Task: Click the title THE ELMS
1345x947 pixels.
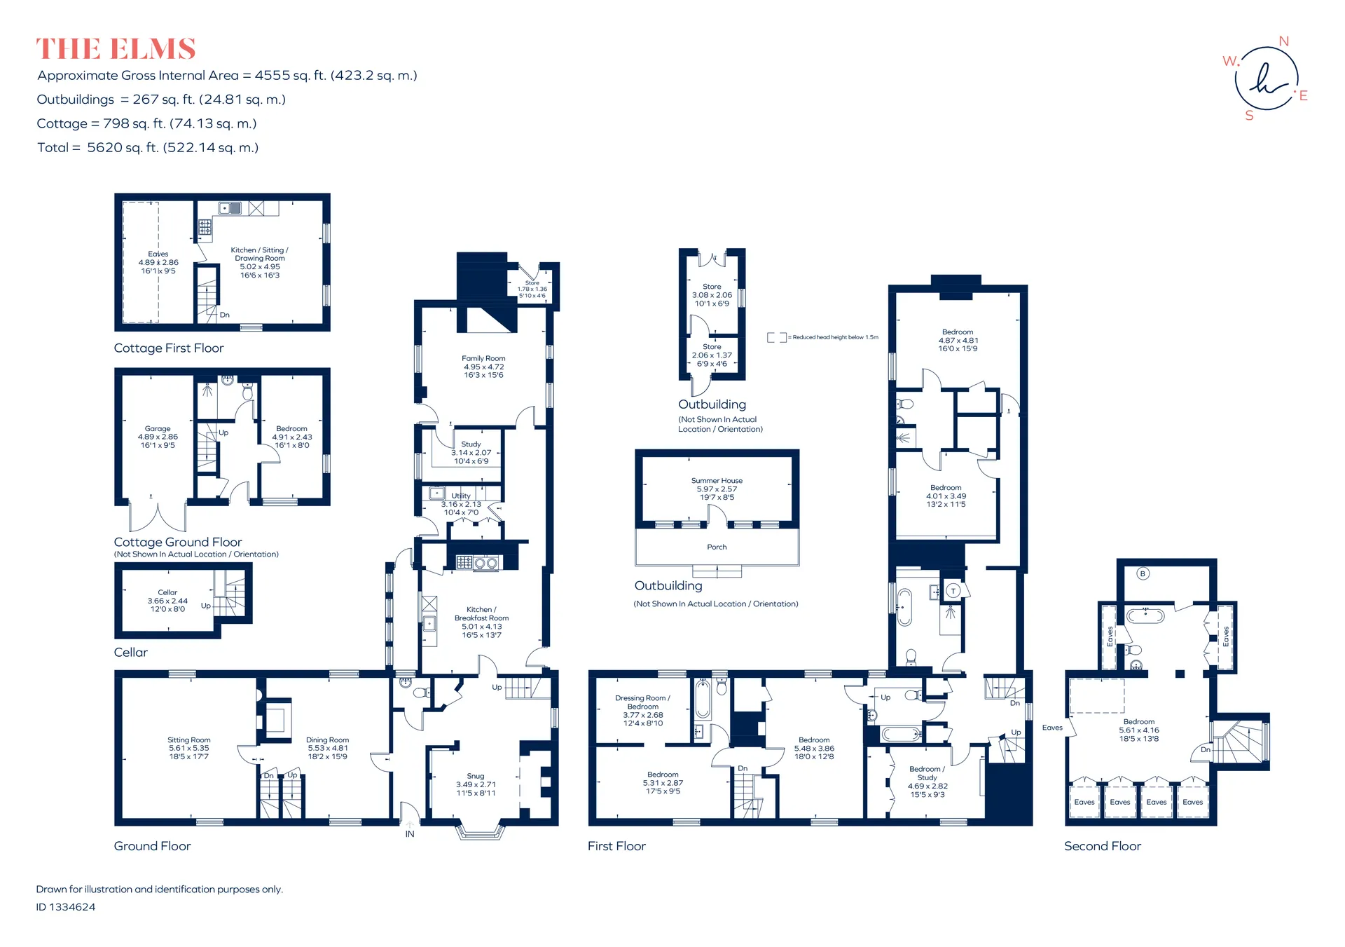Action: point(116,49)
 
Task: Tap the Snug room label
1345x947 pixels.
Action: point(476,776)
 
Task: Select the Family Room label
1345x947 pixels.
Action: point(483,358)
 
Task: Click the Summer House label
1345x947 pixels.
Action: point(717,481)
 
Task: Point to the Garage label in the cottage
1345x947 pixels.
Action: point(158,428)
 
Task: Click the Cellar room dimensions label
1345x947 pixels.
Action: point(167,605)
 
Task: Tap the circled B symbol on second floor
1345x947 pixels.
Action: point(1143,573)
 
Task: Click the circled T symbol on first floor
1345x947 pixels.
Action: point(953,591)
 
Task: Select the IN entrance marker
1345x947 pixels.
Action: point(410,834)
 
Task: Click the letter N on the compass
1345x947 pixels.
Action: point(1283,41)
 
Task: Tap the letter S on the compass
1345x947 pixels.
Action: point(1249,116)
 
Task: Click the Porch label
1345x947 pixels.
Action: point(717,547)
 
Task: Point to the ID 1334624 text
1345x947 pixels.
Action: point(66,906)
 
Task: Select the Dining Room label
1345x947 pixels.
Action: point(327,740)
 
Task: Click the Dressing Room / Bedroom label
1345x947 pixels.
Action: point(642,702)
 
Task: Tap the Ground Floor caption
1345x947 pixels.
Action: point(152,846)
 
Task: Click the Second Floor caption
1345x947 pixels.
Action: point(1103,846)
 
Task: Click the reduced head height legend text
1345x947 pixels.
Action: point(835,337)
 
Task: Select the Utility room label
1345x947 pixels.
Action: point(461,496)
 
